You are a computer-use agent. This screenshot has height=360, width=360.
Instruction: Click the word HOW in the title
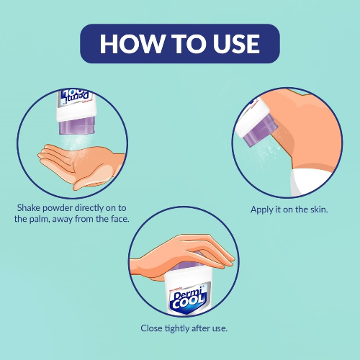132,43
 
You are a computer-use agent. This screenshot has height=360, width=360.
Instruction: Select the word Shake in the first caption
29,208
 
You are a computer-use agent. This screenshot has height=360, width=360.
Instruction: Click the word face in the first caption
120,219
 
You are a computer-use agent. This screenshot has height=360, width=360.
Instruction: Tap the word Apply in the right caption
262,210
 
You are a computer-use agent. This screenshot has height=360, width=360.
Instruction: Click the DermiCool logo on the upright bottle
188,300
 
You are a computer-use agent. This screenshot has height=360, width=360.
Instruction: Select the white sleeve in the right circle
310,182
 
